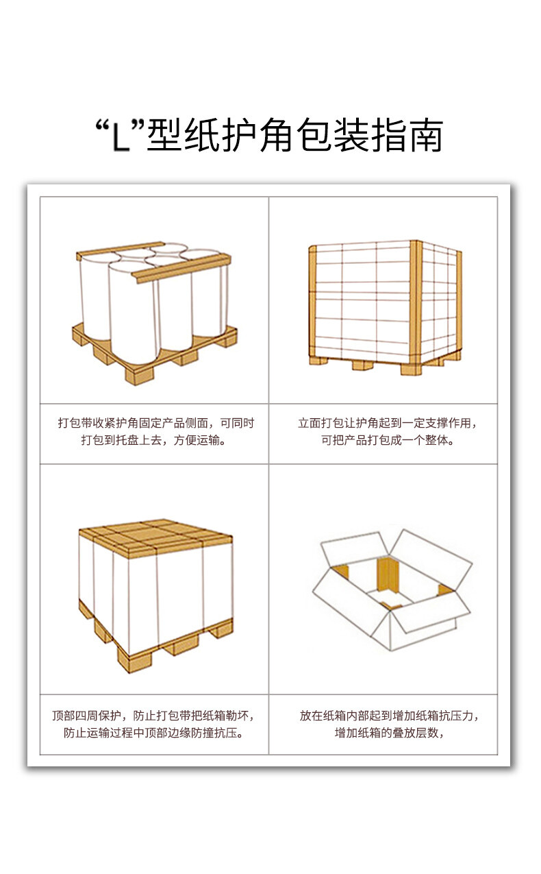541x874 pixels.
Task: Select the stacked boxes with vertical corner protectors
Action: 384,306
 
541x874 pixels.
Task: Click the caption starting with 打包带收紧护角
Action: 155,423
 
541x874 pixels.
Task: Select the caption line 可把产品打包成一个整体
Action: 388,440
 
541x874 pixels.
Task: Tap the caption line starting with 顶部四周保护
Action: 154,716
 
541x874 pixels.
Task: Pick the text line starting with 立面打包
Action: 388,423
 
